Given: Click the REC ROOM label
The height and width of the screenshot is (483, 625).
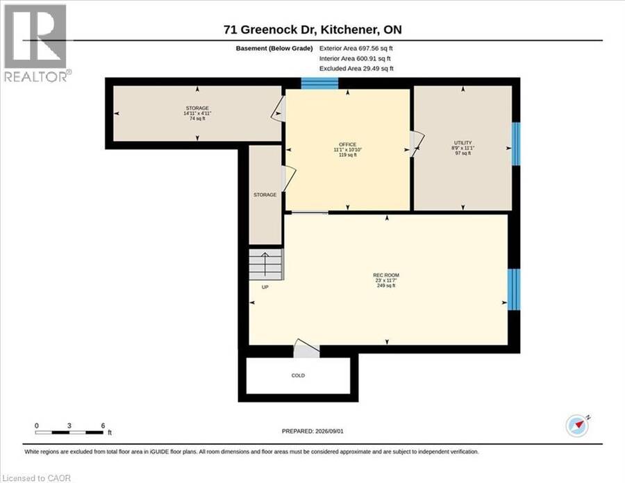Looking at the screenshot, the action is click(x=386, y=275).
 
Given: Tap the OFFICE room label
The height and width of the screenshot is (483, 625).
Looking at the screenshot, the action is click(x=348, y=145).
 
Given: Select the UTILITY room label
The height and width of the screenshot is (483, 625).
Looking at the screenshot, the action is click(x=462, y=142).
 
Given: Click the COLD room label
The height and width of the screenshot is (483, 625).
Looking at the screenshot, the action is click(x=298, y=375).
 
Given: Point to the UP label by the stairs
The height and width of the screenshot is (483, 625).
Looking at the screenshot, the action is click(x=265, y=287).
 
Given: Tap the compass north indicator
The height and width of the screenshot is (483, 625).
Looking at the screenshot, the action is click(x=578, y=425).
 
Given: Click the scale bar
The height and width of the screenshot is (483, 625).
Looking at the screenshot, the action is click(x=69, y=432).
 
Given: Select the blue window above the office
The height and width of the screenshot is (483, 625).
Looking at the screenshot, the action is click(x=319, y=83).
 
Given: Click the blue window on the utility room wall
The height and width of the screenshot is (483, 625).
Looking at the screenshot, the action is click(x=516, y=144).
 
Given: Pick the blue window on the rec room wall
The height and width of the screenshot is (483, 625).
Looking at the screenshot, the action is click(x=514, y=290).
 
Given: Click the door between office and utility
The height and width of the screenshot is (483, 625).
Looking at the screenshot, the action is click(x=416, y=144).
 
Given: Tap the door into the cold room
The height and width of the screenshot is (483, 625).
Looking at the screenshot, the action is click(x=306, y=348).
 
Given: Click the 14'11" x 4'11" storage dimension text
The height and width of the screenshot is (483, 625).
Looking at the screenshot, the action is click(x=197, y=113).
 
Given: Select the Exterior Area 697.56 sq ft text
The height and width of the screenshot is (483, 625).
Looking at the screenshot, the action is click(x=356, y=48).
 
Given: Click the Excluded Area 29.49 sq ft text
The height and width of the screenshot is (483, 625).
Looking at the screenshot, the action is click(x=356, y=68).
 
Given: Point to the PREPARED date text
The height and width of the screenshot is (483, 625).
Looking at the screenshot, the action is click(x=312, y=431).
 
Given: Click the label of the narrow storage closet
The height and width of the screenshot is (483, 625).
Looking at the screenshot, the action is click(x=265, y=195).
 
